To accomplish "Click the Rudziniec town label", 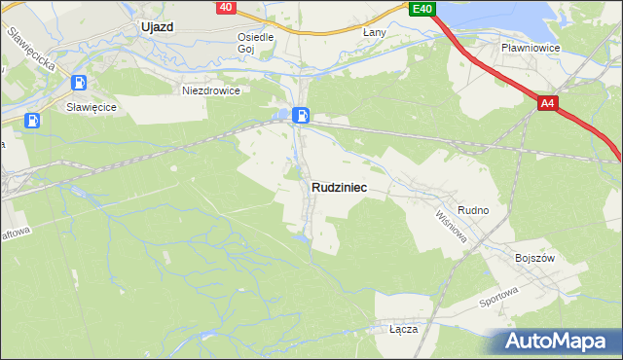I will [339, 188].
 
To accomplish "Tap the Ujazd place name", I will [156, 27].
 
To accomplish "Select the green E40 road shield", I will [421, 9].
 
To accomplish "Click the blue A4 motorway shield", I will [548, 102].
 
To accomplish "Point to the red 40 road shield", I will [225, 7].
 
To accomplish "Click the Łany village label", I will [375, 32].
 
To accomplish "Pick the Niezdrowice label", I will [211, 90].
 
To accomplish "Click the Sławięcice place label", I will [92, 107].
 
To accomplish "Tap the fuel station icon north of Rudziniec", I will [302, 116].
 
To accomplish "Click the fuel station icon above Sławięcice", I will [79, 84].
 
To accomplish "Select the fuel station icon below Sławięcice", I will [33, 121].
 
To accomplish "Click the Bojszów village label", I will [534, 258].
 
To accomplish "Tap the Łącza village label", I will [403, 329].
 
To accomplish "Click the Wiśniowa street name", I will [452, 227].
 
